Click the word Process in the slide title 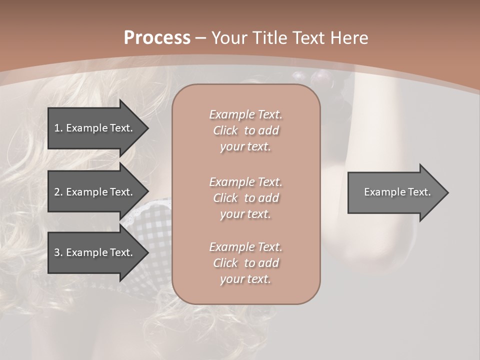click(157, 38)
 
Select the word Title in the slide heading click(270, 38)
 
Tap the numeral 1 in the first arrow click(56, 128)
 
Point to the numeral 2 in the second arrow click(56, 192)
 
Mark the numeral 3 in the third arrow click(56, 252)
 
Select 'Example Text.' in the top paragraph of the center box click(245, 114)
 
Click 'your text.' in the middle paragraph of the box click(245, 214)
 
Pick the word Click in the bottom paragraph click(225, 263)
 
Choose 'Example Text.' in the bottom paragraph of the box click(245, 247)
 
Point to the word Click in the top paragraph click(225, 130)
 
